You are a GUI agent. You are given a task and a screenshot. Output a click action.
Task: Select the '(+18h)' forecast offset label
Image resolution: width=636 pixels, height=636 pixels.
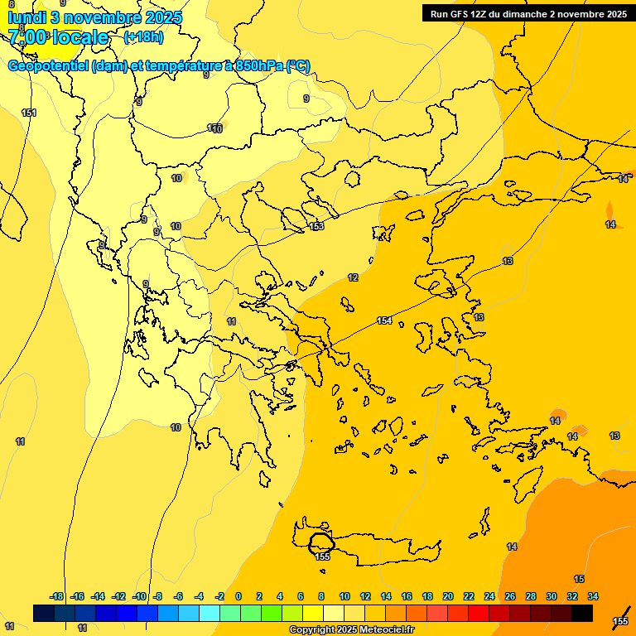pos(143,37)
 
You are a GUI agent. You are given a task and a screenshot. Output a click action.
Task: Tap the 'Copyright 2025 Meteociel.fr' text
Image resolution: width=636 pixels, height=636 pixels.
pos(351,630)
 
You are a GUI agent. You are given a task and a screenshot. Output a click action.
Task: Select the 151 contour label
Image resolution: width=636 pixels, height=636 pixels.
pos(29,113)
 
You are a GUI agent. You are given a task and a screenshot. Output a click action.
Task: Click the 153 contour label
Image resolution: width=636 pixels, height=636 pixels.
pos(316,226)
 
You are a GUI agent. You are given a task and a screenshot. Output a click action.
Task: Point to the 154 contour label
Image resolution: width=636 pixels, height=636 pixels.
pos(384,320)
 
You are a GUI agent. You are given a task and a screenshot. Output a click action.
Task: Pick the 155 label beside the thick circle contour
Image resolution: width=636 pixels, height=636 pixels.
pos(323,556)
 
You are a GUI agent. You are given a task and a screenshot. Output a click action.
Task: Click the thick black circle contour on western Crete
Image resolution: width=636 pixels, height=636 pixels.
pos(320,543)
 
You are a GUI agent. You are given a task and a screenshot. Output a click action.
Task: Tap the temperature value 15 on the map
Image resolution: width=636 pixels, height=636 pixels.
pos(579,579)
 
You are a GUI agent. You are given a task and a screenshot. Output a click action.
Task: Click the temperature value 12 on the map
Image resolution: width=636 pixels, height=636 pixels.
pos(353,277)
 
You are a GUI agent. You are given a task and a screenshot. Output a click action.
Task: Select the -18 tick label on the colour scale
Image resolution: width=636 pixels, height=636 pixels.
pos(57,596)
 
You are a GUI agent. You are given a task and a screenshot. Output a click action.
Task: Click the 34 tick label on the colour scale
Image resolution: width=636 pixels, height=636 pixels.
pos(593,596)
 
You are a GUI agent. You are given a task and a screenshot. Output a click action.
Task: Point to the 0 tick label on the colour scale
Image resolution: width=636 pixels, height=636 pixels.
pos(238,596)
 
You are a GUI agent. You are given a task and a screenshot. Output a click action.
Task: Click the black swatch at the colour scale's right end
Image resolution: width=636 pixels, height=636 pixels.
pos(582,614)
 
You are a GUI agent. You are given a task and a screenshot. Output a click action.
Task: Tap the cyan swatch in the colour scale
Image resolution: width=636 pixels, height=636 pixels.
pos(210,614)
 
